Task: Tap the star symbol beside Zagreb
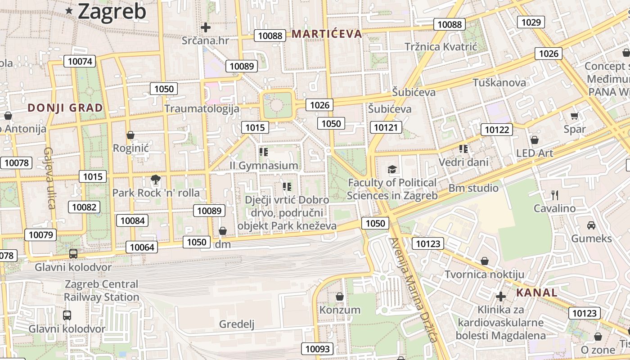69,11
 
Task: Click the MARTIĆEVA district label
327,34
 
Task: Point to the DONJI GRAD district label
65,108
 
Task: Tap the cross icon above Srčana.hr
206,27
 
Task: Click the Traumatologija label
202,108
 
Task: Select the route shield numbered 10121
386,127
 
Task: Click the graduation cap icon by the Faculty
392,170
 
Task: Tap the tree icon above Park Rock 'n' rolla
156,180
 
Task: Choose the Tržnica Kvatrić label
440,47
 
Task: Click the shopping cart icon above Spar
575,116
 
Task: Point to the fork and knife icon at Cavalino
554,195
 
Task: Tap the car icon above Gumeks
591,225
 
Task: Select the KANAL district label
536,293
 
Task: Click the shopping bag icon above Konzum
340,297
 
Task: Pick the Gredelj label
237,324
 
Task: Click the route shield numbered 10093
318,348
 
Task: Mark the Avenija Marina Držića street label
414,290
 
